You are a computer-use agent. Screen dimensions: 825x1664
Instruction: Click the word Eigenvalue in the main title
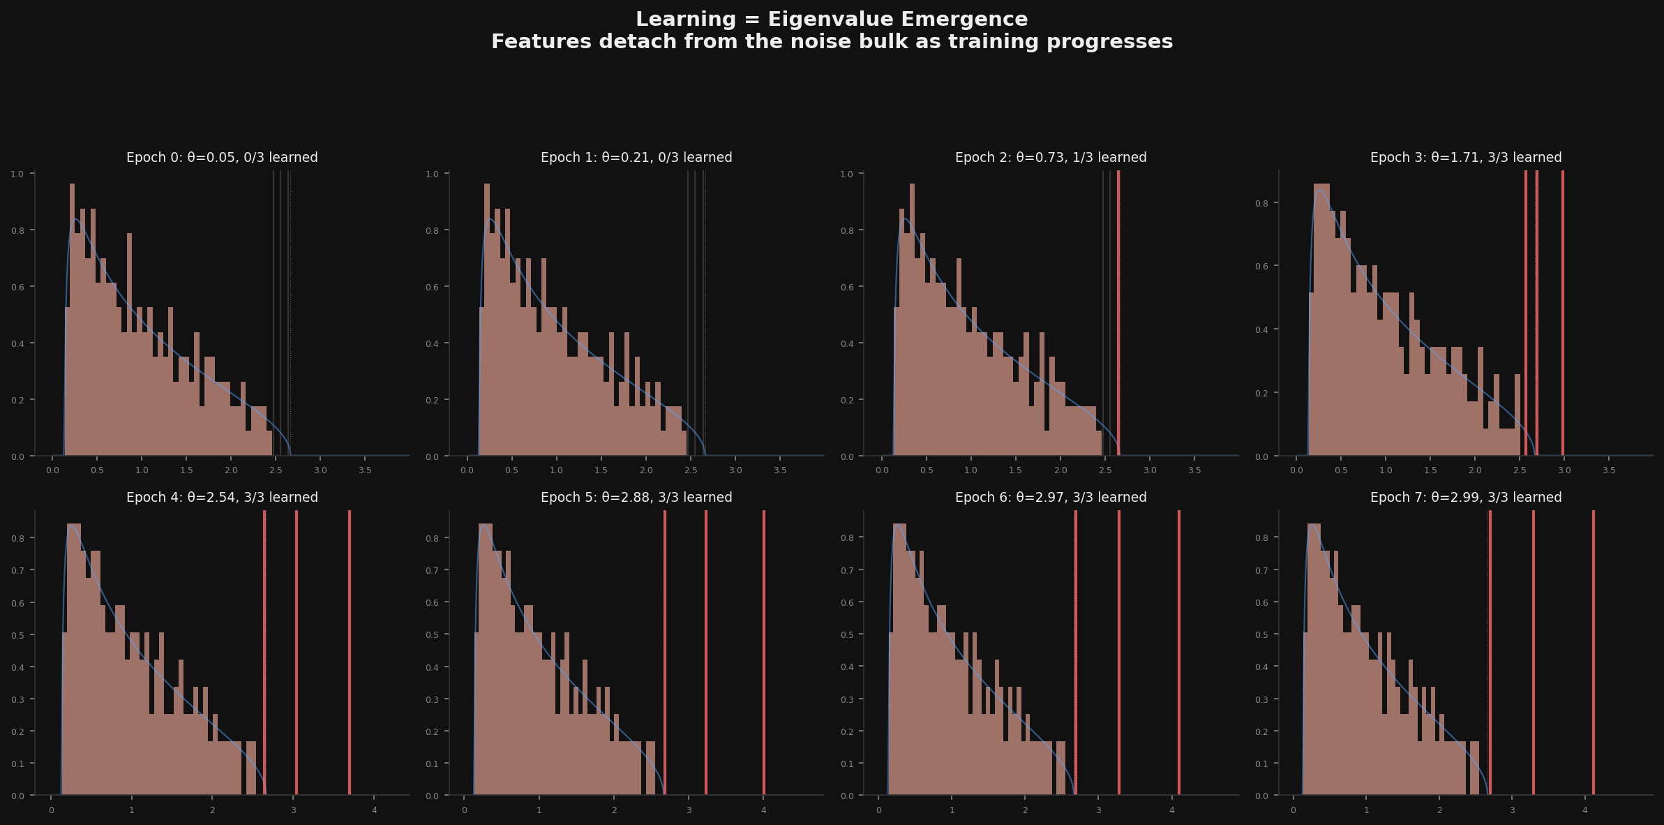827,20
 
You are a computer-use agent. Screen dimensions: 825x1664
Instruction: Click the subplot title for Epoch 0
222,158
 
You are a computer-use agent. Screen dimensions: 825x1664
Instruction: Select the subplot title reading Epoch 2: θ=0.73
1051,158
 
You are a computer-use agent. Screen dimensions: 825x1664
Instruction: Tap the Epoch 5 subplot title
636,498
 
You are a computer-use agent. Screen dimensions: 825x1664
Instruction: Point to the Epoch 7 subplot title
1466,498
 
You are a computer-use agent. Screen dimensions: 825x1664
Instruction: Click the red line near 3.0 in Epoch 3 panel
1563,314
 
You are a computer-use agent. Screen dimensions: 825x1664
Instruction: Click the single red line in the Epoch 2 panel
1118,314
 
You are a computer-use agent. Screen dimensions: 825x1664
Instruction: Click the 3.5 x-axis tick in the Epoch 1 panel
780,470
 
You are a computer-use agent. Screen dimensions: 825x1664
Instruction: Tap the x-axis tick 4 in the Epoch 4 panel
374,810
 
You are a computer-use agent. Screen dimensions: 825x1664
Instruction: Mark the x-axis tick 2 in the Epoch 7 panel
1439,810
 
